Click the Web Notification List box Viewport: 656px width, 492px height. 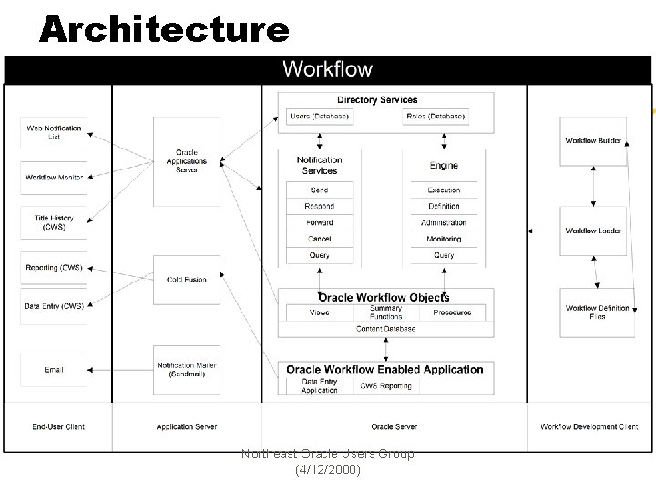click(x=54, y=132)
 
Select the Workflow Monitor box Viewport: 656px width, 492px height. click(x=54, y=177)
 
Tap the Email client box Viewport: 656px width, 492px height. click(x=54, y=370)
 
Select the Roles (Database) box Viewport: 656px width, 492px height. click(x=436, y=117)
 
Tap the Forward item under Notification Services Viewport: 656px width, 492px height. click(x=319, y=222)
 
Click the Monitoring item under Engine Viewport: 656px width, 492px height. click(x=444, y=239)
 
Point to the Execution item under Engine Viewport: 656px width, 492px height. click(x=444, y=190)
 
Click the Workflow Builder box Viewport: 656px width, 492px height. click(x=593, y=141)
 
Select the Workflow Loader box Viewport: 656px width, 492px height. click(x=593, y=231)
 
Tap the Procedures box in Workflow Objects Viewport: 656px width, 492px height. click(x=452, y=313)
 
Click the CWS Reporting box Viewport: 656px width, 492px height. click(x=385, y=385)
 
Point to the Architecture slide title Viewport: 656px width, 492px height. click(x=164, y=30)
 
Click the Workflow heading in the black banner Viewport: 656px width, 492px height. click(x=327, y=68)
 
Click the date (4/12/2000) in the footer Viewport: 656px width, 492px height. click(x=328, y=470)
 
